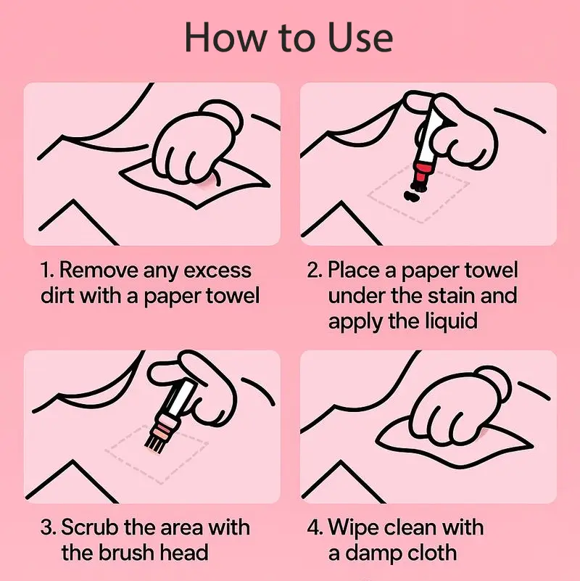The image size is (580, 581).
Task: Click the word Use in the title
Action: coord(360,38)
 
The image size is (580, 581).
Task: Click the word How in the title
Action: coord(227,38)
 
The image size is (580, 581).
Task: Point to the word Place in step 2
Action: coord(355,270)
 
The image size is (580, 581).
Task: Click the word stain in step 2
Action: coord(451,296)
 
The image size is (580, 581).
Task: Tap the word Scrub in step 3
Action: coord(90,527)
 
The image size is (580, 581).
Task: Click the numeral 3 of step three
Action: coord(46,527)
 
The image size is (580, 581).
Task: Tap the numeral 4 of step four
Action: coord(312,527)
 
